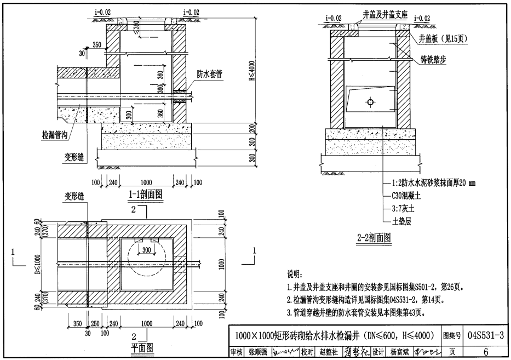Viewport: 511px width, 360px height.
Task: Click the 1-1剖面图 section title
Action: [146, 194]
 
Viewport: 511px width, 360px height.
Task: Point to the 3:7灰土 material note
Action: [405, 208]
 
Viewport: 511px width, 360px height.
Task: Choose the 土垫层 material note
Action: [403, 221]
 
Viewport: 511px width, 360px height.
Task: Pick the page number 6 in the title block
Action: [485, 351]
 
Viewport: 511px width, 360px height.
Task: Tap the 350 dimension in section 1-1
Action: [97, 44]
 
